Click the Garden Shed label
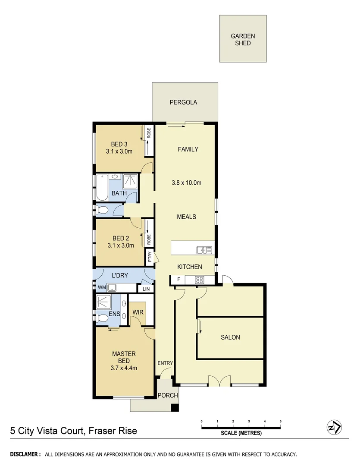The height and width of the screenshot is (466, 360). [x=243, y=40]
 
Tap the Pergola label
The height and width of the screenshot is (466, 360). [x=183, y=102]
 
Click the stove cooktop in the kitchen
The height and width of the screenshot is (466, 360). [x=200, y=280]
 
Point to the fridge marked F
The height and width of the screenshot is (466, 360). [x=178, y=280]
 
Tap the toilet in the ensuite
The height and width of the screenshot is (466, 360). [x=102, y=318]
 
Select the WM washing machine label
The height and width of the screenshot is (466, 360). [x=102, y=287]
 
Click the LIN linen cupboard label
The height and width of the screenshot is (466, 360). [x=146, y=288]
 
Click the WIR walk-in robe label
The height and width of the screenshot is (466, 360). [x=138, y=311]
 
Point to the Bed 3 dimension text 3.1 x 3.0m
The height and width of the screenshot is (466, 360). [x=119, y=151]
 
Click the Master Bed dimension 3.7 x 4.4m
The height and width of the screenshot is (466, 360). [x=124, y=368]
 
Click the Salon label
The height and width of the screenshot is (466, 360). [x=230, y=337]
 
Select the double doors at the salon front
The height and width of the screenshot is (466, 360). [x=219, y=381]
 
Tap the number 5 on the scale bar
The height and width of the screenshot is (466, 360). [x=281, y=421]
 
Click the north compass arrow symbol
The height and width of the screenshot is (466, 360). [x=335, y=427]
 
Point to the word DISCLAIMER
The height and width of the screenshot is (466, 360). [x=25, y=454]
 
